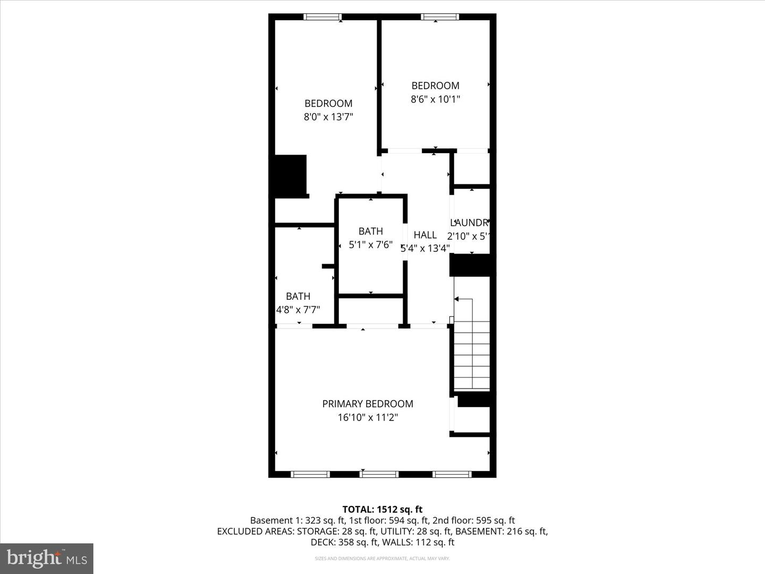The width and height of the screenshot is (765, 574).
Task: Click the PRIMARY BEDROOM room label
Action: pyautogui.click(x=368, y=404)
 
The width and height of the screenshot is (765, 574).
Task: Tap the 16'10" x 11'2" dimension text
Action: pyautogui.click(x=368, y=418)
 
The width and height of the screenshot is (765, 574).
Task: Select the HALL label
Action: pyautogui.click(x=425, y=235)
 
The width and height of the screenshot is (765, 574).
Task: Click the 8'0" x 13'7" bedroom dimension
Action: pyautogui.click(x=328, y=117)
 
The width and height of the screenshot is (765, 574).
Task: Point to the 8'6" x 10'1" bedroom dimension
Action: pyautogui.click(x=435, y=99)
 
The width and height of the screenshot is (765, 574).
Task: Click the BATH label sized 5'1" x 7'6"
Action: pyautogui.click(x=370, y=231)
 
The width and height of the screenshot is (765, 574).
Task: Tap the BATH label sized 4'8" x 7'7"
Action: pyautogui.click(x=298, y=297)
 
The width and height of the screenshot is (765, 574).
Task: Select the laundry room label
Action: pyautogui.click(x=469, y=223)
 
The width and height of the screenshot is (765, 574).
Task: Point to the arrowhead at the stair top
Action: pyautogui.click(x=456, y=299)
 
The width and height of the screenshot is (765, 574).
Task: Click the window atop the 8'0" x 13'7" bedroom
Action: pyautogui.click(x=322, y=17)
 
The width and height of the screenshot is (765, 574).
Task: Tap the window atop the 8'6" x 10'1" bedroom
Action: pyautogui.click(x=440, y=17)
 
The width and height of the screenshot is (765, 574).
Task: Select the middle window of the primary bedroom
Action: pyautogui.click(x=378, y=474)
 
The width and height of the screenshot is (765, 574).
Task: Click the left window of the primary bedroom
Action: pyautogui.click(x=311, y=474)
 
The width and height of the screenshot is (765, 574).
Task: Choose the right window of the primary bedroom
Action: pyautogui.click(x=452, y=474)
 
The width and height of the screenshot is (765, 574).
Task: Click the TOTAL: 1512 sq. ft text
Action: pyautogui.click(x=382, y=510)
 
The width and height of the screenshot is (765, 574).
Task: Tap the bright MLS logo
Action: pyautogui.click(x=47, y=558)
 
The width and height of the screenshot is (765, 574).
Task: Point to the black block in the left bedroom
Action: pyautogui.click(x=290, y=175)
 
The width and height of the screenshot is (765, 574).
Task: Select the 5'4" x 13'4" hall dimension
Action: pyautogui.click(x=425, y=248)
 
